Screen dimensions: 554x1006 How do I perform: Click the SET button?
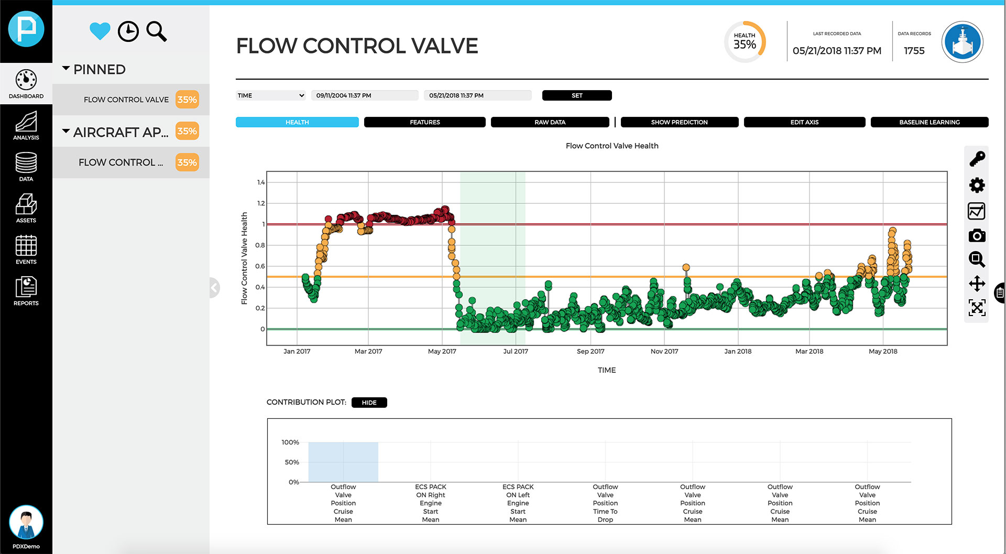pos(576,95)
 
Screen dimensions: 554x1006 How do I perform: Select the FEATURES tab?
pos(424,122)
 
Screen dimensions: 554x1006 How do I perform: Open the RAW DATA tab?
pos(550,122)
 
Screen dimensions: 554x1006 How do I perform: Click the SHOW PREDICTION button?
pos(679,122)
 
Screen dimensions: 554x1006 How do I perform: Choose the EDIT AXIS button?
pos(804,122)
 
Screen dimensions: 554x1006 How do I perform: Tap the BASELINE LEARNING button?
pos(929,122)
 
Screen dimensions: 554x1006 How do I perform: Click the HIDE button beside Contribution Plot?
pos(369,403)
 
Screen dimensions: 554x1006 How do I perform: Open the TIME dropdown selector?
pos(270,95)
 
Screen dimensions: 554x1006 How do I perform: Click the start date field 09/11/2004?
pos(364,95)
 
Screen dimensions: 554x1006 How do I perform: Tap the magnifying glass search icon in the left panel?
pos(156,31)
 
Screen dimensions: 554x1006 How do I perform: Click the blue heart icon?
pos(100,31)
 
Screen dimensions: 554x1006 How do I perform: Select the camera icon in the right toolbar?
pos(977,236)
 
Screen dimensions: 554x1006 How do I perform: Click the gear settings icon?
pos(977,185)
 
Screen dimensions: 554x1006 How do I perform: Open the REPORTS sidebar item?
pos(26,291)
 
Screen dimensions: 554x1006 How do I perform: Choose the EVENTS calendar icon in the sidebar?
pos(26,249)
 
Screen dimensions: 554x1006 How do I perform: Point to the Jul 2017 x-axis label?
pos(516,351)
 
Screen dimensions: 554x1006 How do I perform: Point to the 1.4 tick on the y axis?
pos(261,182)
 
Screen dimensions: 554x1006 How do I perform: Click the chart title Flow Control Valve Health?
pos(611,146)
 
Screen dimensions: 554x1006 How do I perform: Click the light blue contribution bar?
pos(343,462)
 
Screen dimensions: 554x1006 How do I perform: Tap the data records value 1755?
pos(914,51)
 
